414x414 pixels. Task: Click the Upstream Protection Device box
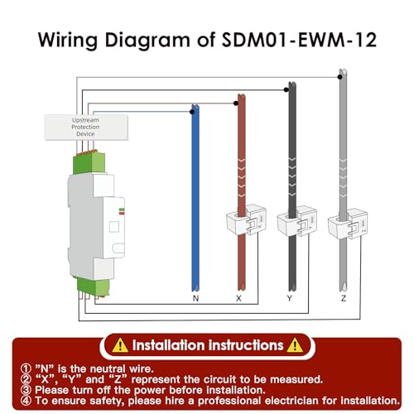(86, 128)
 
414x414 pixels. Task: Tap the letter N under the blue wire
(195, 298)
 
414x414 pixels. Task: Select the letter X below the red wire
(238, 298)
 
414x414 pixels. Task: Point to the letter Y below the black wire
(289, 298)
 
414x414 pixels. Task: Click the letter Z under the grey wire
(344, 298)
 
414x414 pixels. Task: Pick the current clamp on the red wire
(246, 220)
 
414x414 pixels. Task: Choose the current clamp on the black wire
(297, 221)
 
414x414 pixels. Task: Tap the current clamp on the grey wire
(348, 224)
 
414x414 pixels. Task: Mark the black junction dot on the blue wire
(192, 112)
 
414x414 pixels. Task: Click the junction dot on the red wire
(236, 103)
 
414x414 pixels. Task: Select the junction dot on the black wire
(286, 89)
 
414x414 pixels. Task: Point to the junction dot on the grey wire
(340, 77)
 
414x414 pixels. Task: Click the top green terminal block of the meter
(89, 162)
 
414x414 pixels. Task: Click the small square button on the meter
(114, 227)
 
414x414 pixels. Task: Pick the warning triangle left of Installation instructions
(120, 345)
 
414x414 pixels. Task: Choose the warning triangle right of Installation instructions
(295, 345)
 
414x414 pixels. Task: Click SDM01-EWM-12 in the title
(299, 40)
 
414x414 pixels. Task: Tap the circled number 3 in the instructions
(26, 390)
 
